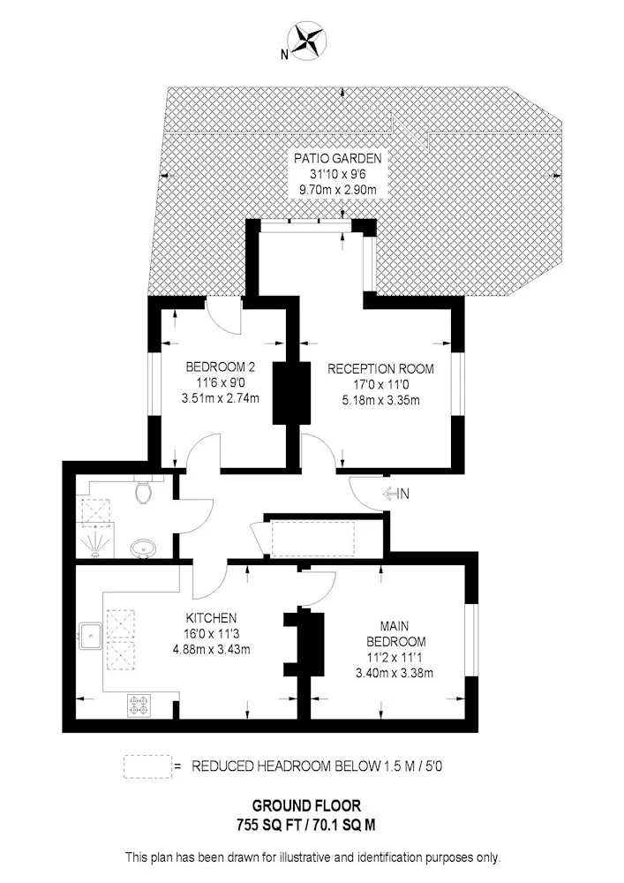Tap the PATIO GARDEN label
[338, 158]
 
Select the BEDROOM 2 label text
[221, 367]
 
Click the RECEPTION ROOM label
[381, 369]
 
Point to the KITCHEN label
[211, 618]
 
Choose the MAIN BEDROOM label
[395, 633]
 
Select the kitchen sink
[90, 637]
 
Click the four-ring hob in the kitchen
[139, 705]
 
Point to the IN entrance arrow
[396, 494]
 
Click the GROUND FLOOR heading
[306, 806]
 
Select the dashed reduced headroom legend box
[147, 767]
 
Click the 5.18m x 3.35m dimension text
[381, 400]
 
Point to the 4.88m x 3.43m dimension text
[212, 649]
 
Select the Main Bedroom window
[473, 640]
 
